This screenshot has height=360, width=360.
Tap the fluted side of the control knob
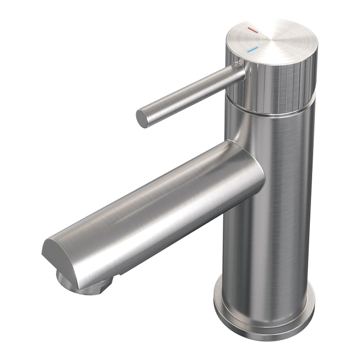click(281, 84)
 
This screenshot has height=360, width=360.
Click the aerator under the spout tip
click(84, 284)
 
